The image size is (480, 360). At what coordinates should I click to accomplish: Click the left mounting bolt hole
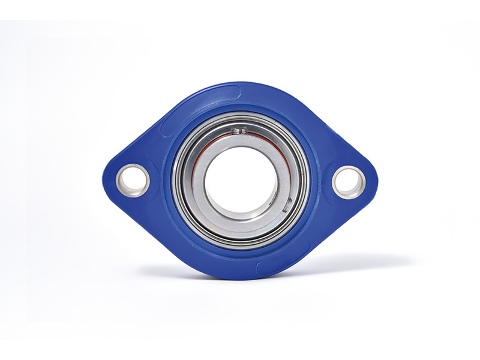(x=133, y=180)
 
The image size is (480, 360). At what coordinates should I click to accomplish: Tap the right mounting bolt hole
(x=349, y=182)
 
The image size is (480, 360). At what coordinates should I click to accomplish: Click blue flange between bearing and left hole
(x=160, y=180)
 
